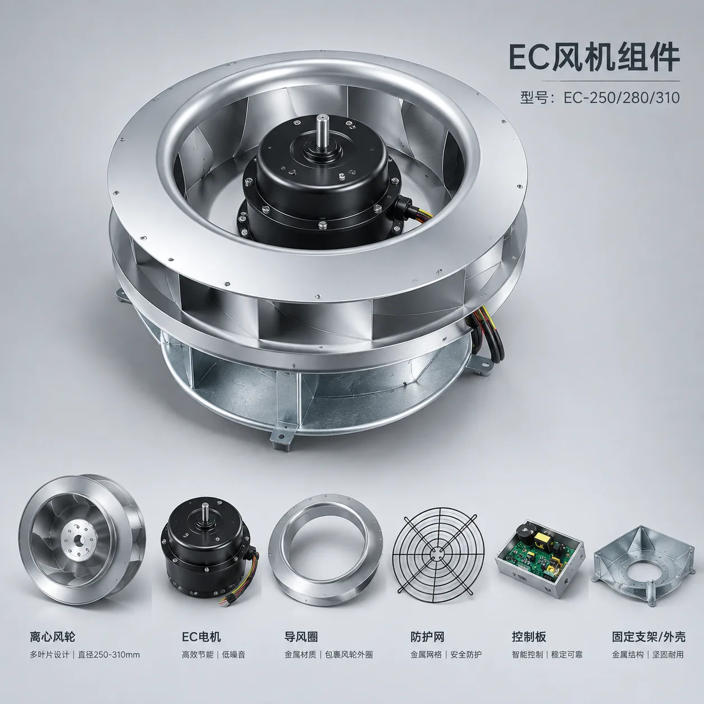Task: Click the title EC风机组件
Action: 594,58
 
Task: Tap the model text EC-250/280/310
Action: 621,98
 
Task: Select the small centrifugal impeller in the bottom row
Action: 82,540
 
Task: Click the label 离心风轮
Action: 53,637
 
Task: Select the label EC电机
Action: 202,637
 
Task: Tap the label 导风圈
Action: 301,637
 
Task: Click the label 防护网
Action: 427,637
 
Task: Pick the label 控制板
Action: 529,637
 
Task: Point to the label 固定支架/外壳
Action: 648,637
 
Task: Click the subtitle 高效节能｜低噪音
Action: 213,655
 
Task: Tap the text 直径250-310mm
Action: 109,655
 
